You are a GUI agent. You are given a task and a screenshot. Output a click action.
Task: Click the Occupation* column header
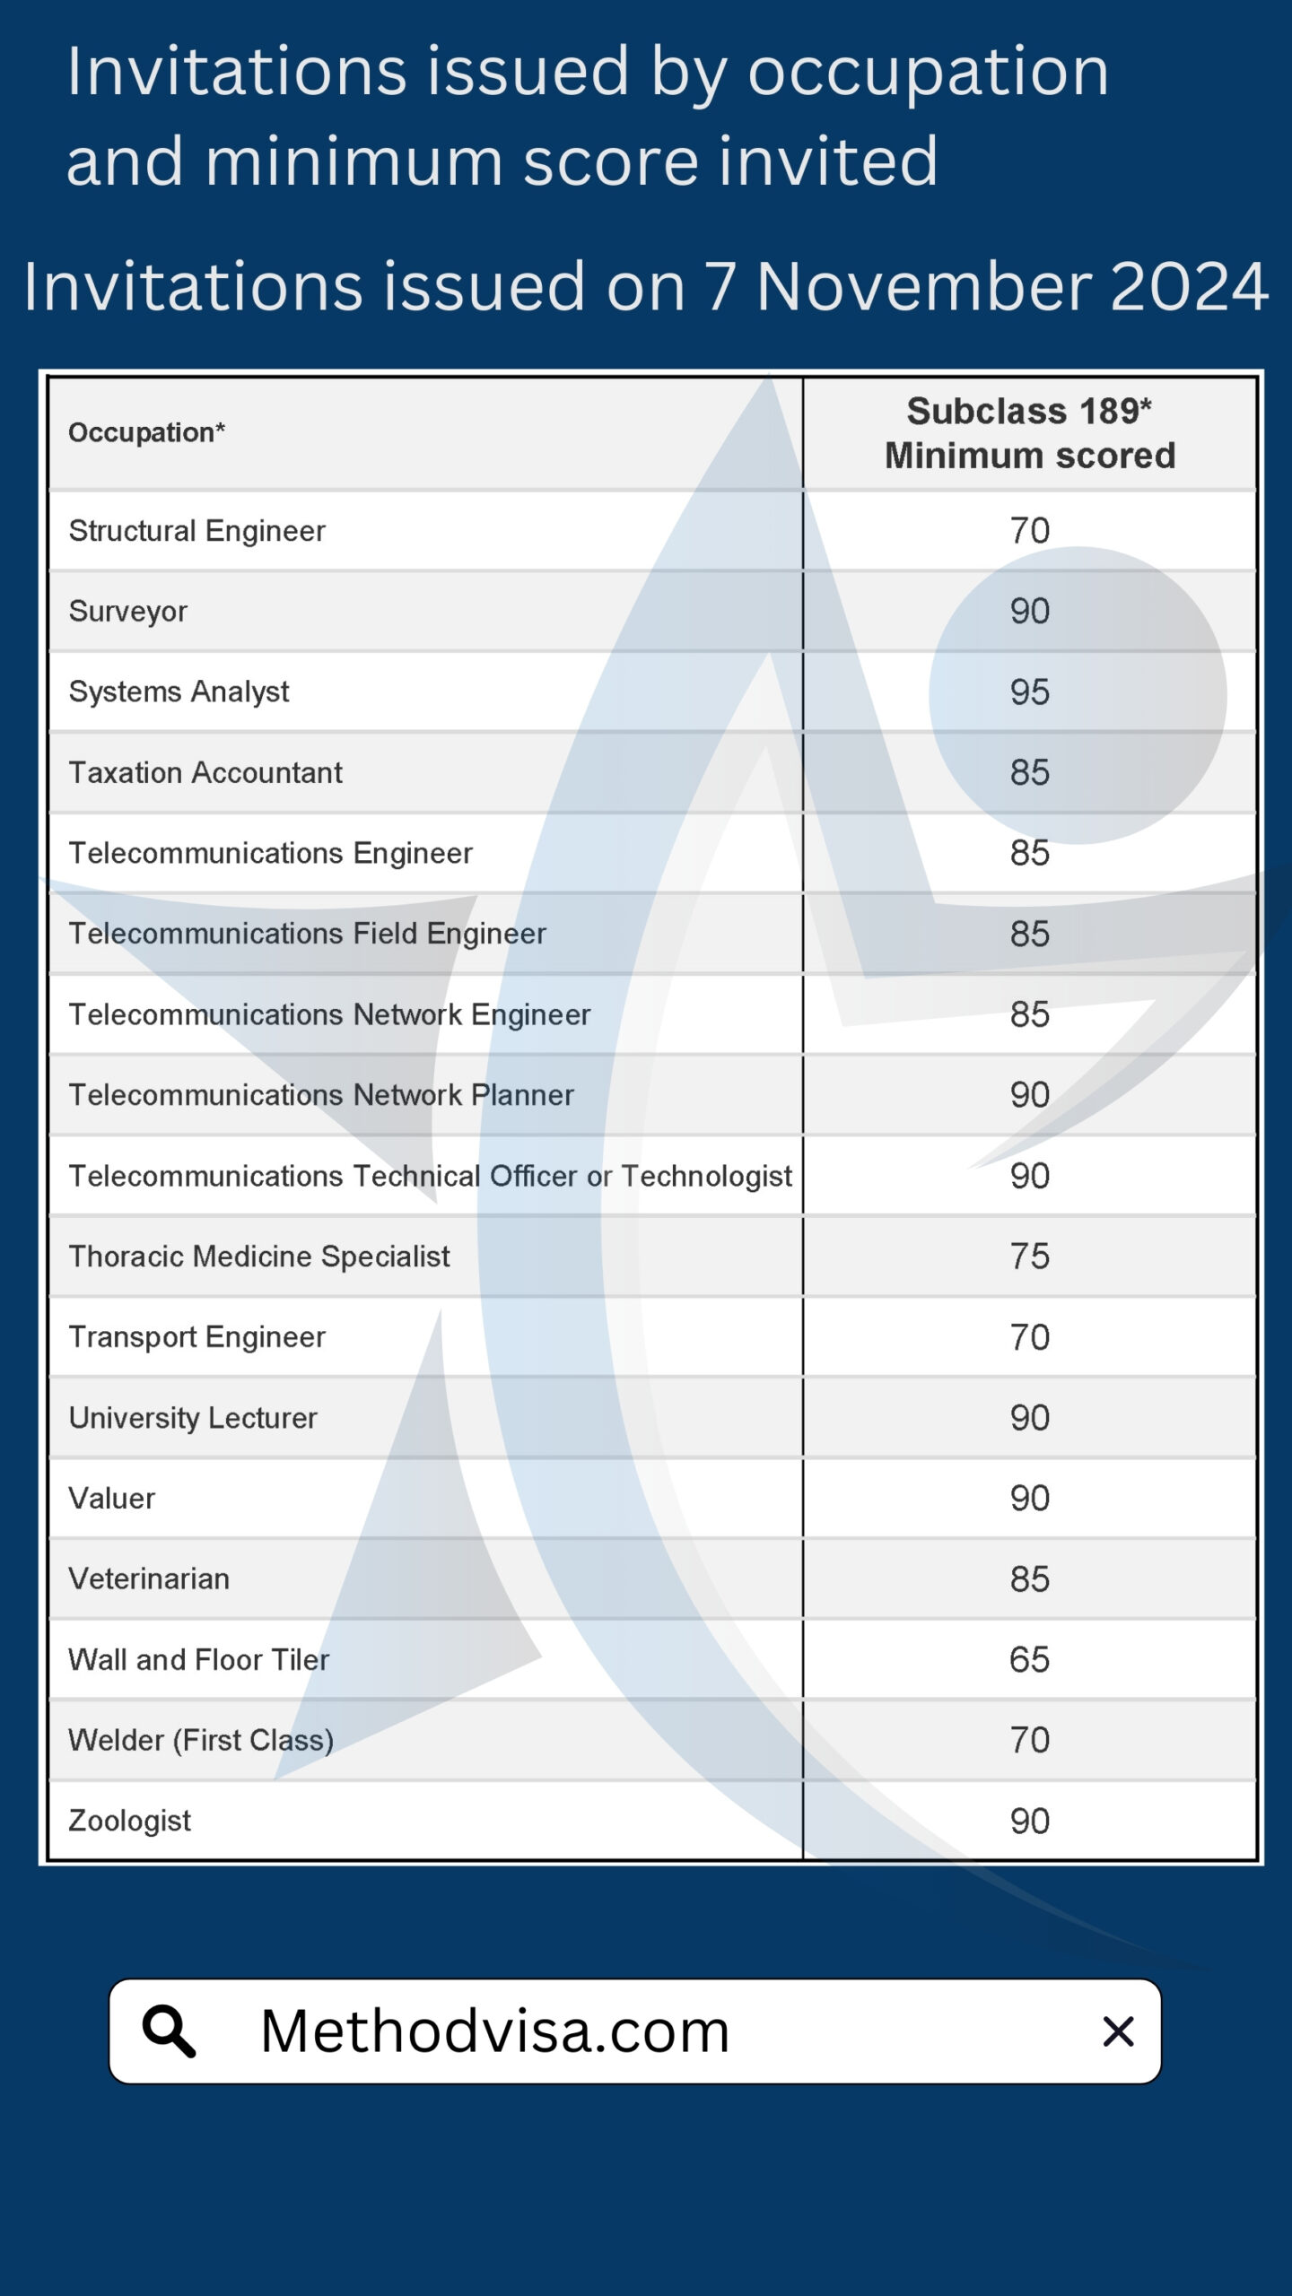click(146, 432)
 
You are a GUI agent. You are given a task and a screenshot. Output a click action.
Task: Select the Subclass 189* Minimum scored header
click(1029, 433)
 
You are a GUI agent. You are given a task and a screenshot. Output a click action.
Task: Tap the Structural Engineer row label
click(196, 531)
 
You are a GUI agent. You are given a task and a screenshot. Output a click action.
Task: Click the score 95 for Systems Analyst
click(1029, 692)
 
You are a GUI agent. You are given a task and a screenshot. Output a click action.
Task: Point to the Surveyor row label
click(127, 612)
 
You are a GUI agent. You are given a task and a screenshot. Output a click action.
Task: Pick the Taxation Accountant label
click(205, 772)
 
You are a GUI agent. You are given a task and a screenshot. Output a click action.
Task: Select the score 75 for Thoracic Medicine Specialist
click(1029, 1257)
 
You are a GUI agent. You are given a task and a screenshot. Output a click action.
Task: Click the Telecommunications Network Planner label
click(321, 1095)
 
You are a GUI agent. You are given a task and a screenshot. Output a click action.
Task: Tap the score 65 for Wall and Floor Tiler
click(1029, 1660)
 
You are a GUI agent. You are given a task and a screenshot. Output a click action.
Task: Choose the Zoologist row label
click(129, 1822)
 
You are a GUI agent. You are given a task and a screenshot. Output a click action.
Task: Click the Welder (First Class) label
click(201, 1741)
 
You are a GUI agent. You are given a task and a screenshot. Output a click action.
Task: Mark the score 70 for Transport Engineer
click(1029, 1337)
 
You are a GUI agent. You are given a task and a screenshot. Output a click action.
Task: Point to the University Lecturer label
click(193, 1418)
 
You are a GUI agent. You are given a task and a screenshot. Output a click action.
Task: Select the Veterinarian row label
click(149, 1579)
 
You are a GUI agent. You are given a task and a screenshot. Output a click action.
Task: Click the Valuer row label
click(111, 1499)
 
